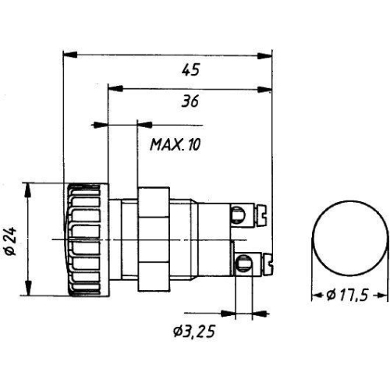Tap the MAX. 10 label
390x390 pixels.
pyautogui.click(x=174, y=144)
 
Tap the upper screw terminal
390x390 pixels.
pyautogui.click(x=247, y=211)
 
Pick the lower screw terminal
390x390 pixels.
pyautogui.click(x=247, y=262)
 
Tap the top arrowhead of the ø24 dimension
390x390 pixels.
pyautogui.click(x=29, y=187)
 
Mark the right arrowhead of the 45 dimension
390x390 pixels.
pyautogui.click(x=267, y=55)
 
